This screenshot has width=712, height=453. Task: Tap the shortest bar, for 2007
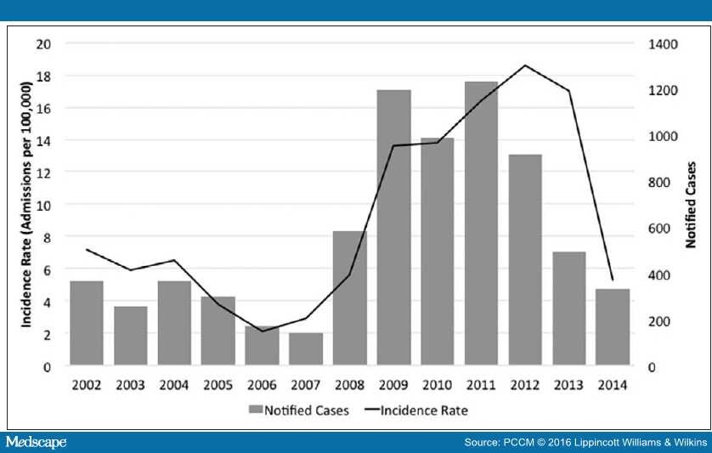coord(306,349)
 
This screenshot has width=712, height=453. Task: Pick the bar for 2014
coord(612,327)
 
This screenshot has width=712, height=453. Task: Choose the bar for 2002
coord(87,323)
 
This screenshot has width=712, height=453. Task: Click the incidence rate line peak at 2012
coord(525,65)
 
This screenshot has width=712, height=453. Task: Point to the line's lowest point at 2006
coord(262,331)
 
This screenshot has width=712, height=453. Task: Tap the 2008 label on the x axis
coord(349,384)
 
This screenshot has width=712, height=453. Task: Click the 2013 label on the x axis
coord(568,384)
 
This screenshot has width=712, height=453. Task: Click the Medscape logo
coord(36,443)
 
